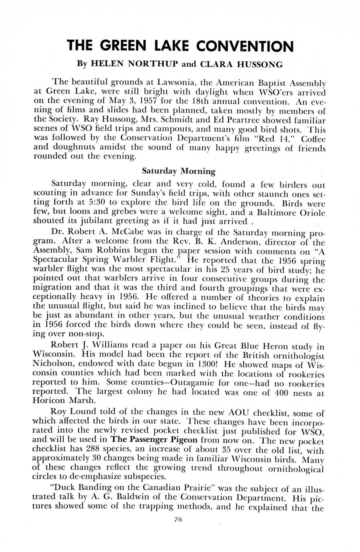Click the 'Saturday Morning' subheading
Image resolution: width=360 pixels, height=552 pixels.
[179, 171]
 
